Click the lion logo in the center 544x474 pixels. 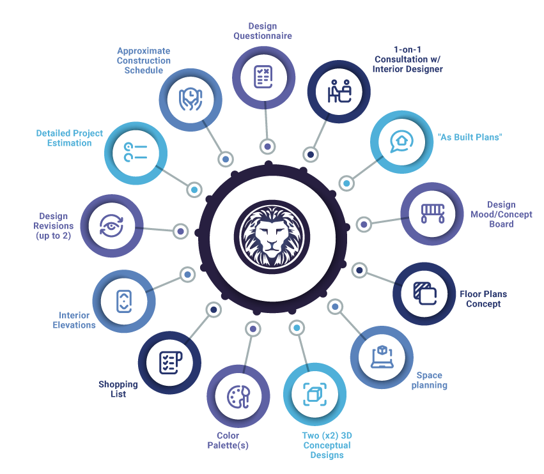pyautogui.click(x=272, y=237)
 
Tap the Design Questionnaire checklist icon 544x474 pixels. pyautogui.click(x=263, y=77)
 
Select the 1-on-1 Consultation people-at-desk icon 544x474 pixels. pyautogui.click(x=339, y=91)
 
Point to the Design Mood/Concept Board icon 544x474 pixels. pyautogui.click(x=433, y=213)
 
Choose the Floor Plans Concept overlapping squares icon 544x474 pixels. pyautogui.click(x=425, y=293)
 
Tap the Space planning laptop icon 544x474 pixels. pyautogui.click(x=382, y=356)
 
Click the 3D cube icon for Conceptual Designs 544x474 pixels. pyautogui.click(x=315, y=394)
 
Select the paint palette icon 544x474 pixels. pyautogui.click(x=238, y=397)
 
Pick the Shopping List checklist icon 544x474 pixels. pyautogui.click(x=171, y=363)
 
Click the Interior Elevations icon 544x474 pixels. pyautogui.click(x=124, y=302)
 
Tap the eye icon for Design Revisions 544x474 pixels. pyautogui.click(x=111, y=226)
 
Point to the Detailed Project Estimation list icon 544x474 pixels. pyautogui.click(x=136, y=153)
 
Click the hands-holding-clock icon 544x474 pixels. pyautogui.click(x=190, y=100)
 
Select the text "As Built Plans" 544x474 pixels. pyautogui.click(x=470, y=137)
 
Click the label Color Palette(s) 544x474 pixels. pyautogui.click(x=228, y=440)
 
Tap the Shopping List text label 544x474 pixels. pyautogui.click(x=118, y=389)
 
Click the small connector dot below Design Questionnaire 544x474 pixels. pyautogui.click(x=267, y=147)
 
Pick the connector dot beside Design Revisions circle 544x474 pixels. pyautogui.click(x=181, y=231)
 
